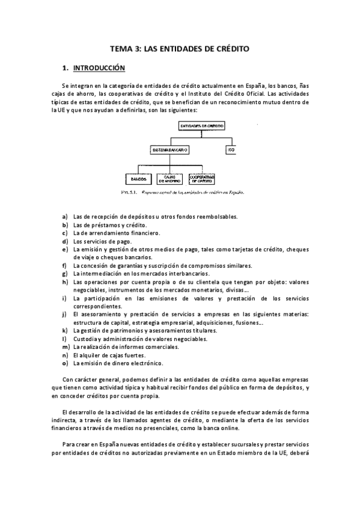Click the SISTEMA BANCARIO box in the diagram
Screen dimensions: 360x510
pyautogui.click(x=169, y=149)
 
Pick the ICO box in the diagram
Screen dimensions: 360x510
pyautogui.click(x=230, y=149)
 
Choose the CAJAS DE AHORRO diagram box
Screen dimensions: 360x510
pyautogui.click(x=168, y=179)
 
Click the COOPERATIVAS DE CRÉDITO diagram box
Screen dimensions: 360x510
pyautogui.click(x=201, y=179)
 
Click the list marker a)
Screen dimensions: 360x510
pyautogui.click(x=65, y=217)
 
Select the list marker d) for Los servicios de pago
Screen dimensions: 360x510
pyautogui.click(x=65, y=241)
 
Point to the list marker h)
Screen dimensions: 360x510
pyautogui.click(x=65, y=281)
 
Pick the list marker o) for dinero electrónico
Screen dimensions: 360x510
pyautogui.click(x=65, y=363)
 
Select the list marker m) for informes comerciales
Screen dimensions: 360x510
pyautogui.click(x=66, y=347)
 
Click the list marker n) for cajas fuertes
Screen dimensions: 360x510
pyautogui.click(x=65, y=355)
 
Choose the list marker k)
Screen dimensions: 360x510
pyautogui.click(x=65, y=331)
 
